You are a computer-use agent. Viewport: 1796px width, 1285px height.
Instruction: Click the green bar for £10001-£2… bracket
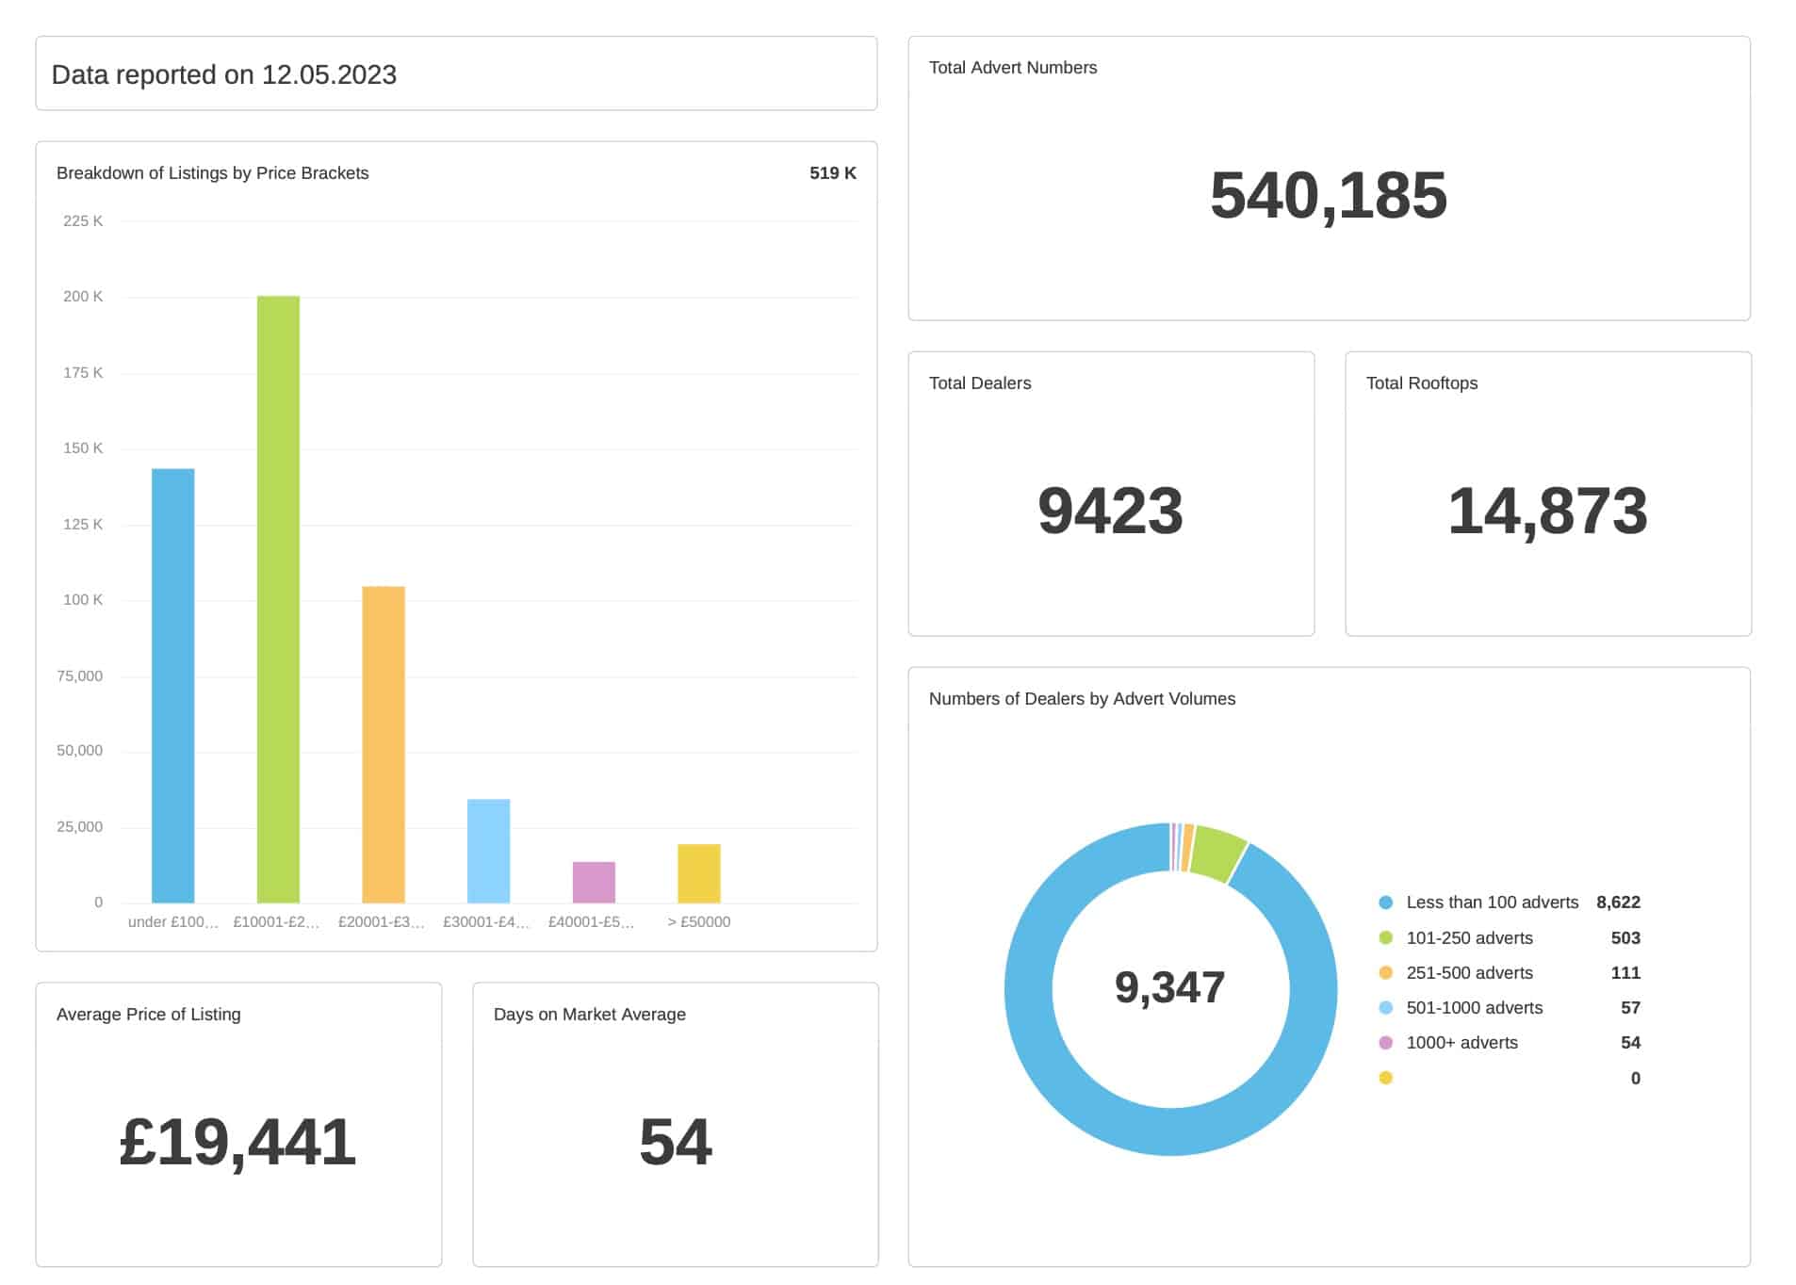[278, 599]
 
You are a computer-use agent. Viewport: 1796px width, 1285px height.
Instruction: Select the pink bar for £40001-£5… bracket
[594, 882]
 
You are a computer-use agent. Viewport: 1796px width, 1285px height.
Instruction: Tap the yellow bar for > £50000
[698, 873]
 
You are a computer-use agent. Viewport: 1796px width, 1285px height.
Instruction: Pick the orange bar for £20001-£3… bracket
[384, 744]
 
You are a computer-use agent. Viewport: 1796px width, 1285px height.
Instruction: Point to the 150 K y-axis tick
[83, 448]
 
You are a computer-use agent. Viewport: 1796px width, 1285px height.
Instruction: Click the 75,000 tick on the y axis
[80, 675]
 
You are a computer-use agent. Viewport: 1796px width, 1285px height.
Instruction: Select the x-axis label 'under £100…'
[173, 922]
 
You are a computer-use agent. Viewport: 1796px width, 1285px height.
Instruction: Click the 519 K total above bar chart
[832, 173]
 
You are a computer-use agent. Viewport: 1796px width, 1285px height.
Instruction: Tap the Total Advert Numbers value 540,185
[1328, 196]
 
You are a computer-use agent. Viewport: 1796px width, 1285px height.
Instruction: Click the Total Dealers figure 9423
[1110, 512]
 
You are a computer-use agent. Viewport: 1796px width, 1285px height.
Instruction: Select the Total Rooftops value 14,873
[1547, 512]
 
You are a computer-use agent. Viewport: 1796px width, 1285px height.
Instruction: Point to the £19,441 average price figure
[237, 1143]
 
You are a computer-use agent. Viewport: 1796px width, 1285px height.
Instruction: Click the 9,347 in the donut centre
[1169, 987]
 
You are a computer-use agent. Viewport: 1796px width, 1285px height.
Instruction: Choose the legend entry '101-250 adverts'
[1469, 938]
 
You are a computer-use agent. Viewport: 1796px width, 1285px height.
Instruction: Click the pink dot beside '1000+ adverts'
[1385, 1043]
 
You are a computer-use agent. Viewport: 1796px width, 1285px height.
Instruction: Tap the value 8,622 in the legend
[1618, 903]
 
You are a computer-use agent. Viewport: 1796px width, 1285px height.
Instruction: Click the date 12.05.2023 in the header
[329, 75]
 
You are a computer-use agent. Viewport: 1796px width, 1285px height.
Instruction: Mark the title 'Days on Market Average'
[589, 1015]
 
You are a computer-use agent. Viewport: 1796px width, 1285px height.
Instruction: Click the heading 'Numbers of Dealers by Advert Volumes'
[1082, 699]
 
